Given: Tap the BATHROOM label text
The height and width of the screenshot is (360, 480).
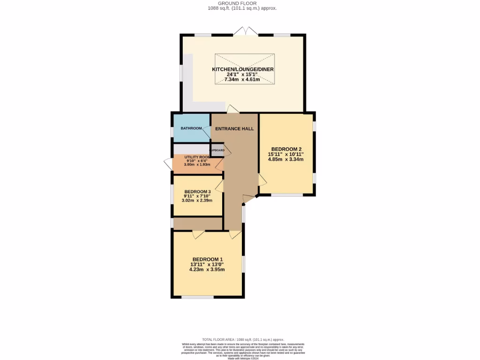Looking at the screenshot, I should click(191, 128).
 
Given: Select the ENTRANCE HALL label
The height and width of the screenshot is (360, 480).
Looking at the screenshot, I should click(234, 129).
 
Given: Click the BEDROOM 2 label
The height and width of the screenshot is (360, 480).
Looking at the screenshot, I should click(285, 149).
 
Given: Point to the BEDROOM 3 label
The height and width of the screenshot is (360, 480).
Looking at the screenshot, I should click(197, 192).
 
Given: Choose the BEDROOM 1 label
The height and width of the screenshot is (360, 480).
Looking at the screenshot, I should click(207, 259).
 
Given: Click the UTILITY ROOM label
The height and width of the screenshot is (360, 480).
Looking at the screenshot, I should click(197, 157).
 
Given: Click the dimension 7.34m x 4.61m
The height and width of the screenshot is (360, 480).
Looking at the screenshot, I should click(242, 80).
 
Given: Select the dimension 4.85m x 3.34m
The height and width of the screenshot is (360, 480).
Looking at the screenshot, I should click(285, 159).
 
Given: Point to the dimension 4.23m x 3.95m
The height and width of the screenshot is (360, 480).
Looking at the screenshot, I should click(207, 270).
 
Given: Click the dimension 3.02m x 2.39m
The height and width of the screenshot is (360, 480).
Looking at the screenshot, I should click(197, 201).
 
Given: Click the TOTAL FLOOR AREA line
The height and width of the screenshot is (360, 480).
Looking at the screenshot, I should click(243, 339).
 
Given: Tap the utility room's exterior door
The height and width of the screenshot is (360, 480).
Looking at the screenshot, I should click(168, 164).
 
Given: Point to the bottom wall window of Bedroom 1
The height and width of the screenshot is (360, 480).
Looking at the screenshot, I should click(197, 297).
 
